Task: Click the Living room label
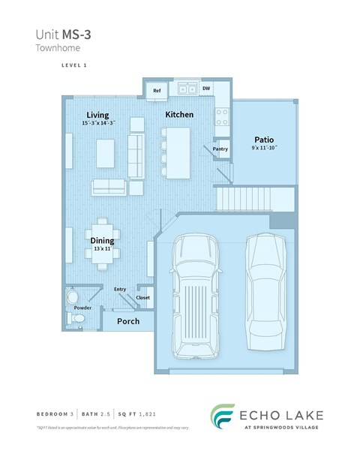[97, 114]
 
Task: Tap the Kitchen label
[179, 115]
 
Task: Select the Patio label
[262, 140]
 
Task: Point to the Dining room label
[102, 240]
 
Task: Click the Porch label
[129, 322]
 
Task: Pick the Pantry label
[220, 149]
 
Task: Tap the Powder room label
[82, 307]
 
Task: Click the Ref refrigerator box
[157, 91]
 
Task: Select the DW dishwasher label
[205, 89]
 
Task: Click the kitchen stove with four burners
[222, 116]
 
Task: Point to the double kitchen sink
[187, 89]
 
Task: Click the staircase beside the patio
[244, 200]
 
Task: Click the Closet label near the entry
[142, 297]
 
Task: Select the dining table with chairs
[103, 242]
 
